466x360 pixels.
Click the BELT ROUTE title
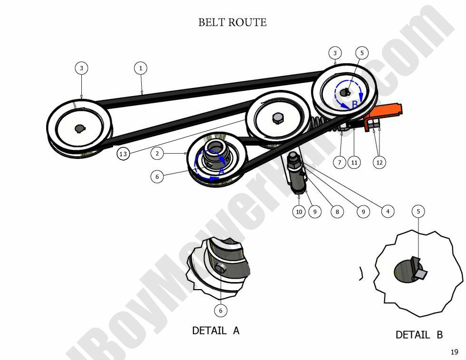coord(232,22)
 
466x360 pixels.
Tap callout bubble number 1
coord(140,68)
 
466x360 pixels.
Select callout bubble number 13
coord(123,154)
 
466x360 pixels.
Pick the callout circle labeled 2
coord(157,153)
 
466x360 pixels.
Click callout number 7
coord(340,162)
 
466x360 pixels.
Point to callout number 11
coord(354,162)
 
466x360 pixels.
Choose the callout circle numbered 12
coord(379,162)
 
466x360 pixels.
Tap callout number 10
coord(299,212)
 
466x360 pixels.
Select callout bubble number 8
coord(337,212)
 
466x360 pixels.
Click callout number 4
coord(388,211)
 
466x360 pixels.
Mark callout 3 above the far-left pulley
coord(81,68)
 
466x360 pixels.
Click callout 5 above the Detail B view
coord(418,211)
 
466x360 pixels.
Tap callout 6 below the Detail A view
coord(220,311)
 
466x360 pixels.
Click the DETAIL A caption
coord(215,330)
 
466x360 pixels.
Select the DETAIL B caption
coord(419,335)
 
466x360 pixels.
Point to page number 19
coord(454,352)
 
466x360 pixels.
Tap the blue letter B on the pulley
coord(354,105)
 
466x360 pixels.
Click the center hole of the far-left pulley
coord(79,128)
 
